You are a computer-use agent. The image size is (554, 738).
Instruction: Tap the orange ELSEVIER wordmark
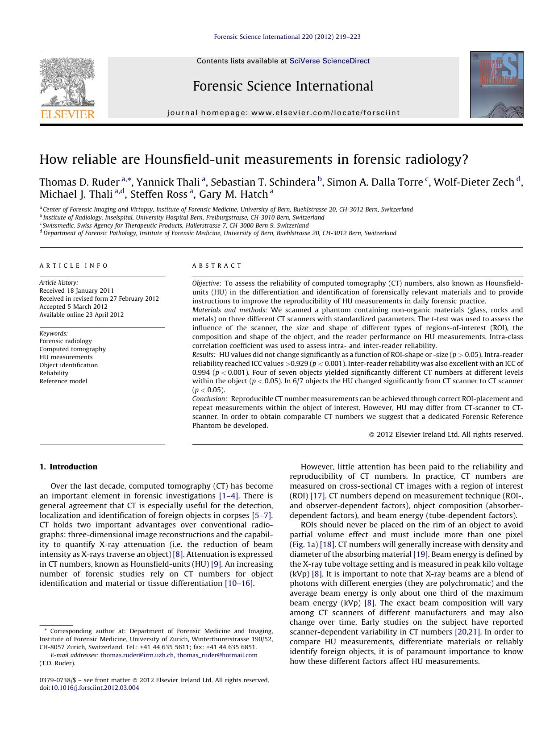[67, 114]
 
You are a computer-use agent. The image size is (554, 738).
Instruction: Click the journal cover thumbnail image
[496, 85]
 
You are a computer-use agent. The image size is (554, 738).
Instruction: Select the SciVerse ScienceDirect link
[329, 61]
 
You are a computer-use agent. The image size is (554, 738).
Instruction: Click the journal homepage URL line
[283, 113]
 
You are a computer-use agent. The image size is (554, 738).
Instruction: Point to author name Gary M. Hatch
[233, 194]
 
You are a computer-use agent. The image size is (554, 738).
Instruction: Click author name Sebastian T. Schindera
[263, 182]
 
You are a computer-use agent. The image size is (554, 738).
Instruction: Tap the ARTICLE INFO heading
[74, 265]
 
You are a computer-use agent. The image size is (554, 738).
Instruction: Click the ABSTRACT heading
[217, 265]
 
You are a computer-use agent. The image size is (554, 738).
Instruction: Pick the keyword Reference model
[63, 381]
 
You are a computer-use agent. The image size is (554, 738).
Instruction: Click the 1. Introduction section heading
[68, 467]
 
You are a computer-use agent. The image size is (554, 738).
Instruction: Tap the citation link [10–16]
[239, 583]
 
